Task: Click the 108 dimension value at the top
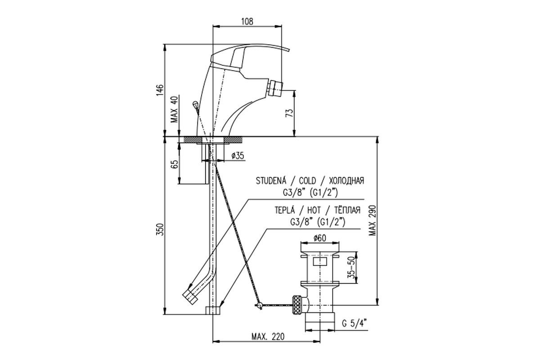click(247, 22)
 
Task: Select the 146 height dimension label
click(160, 90)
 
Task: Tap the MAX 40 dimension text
click(175, 109)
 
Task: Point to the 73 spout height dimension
click(289, 113)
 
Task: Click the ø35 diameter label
click(238, 156)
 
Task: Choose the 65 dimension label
click(175, 164)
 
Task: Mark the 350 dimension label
click(160, 229)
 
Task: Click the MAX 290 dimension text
click(372, 220)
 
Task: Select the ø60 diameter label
click(319, 238)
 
